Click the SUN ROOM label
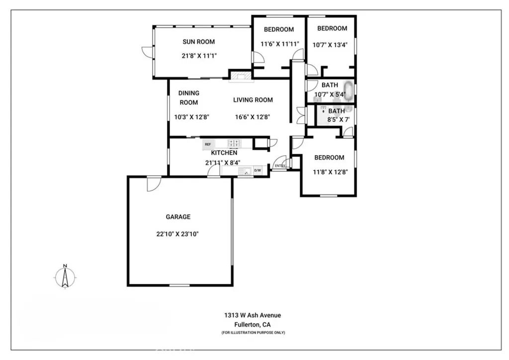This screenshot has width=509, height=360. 199,42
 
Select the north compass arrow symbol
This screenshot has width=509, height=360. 65,276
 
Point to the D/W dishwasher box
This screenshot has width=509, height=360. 257,171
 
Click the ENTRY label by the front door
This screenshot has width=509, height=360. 280,166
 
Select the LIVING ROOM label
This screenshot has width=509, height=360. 253,100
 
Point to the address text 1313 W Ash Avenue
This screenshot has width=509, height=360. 252,315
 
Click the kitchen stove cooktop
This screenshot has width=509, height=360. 235,144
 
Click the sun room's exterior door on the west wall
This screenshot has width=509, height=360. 147,52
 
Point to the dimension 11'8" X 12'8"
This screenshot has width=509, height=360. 330,172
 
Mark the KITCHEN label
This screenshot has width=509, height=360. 224,153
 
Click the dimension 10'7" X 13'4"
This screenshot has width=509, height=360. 330,45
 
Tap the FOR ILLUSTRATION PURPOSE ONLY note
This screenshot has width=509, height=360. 253,333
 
